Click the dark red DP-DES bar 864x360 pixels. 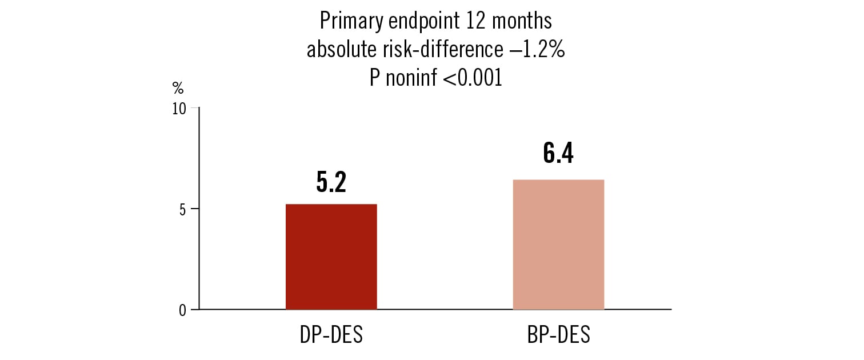[331, 257]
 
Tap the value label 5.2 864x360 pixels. [331, 181]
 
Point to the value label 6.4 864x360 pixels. [558, 154]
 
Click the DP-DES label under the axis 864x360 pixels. [331, 335]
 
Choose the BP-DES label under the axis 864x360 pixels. [558, 335]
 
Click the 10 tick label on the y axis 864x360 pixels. [180, 109]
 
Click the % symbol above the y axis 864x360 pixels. [178, 88]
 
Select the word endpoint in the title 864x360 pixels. [423, 22]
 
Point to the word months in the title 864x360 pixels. [523, 21]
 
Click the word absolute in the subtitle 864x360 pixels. [341, 50]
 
